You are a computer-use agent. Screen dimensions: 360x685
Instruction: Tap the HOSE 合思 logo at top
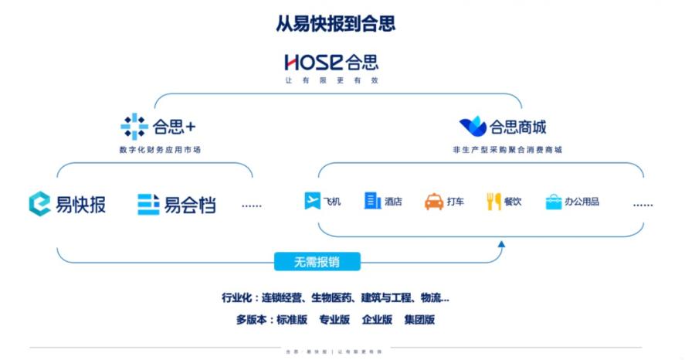click(331, 63)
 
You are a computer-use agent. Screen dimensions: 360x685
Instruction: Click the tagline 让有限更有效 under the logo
click(332, 80)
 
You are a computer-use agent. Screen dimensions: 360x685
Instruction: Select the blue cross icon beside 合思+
click(134, 126)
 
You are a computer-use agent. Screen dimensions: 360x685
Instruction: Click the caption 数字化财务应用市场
click(161, 149)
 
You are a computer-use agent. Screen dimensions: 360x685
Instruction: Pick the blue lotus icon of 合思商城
click(473, 126)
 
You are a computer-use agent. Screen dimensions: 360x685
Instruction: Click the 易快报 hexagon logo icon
click(39, 204)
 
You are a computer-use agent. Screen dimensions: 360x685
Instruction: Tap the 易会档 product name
click(189, 205)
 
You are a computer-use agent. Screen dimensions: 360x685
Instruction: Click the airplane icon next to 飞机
click(312, 202)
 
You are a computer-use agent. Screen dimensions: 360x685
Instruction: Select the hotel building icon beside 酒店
click(373, 201)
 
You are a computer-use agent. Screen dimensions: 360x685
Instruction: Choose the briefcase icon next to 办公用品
click(553, 202)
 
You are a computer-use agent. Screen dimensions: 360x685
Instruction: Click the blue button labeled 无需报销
click(317, 262)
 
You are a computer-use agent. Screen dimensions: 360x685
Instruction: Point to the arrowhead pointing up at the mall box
click(501, 246)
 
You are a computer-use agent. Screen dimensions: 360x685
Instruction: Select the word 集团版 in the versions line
click(419, 319)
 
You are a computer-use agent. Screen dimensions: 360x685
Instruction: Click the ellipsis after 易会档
click(252, 205)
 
